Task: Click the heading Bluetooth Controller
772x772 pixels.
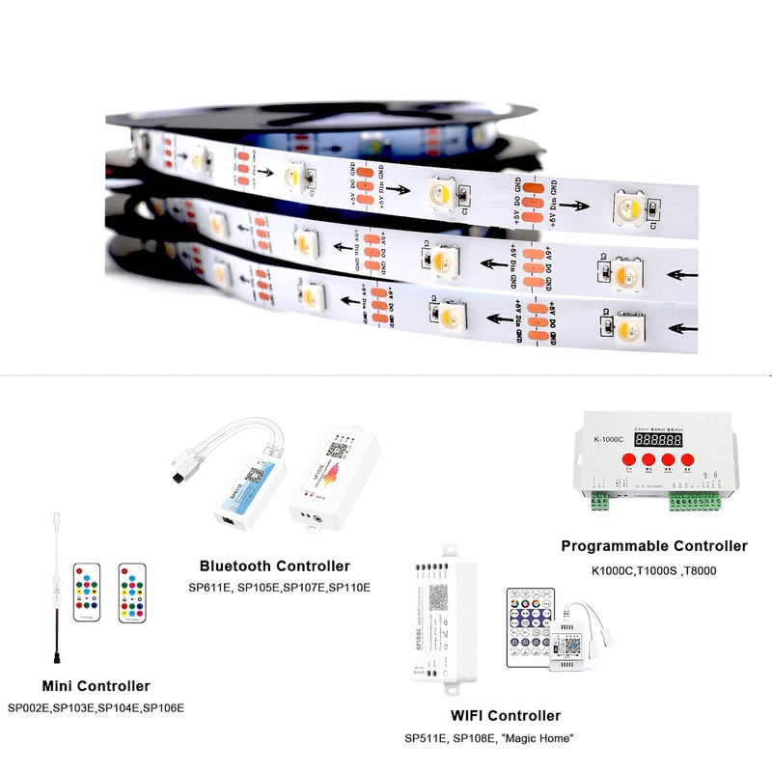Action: [x=274, y=566]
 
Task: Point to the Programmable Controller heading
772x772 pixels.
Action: [x=654, y=546]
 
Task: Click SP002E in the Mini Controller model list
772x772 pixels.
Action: [x=30, y=707]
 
